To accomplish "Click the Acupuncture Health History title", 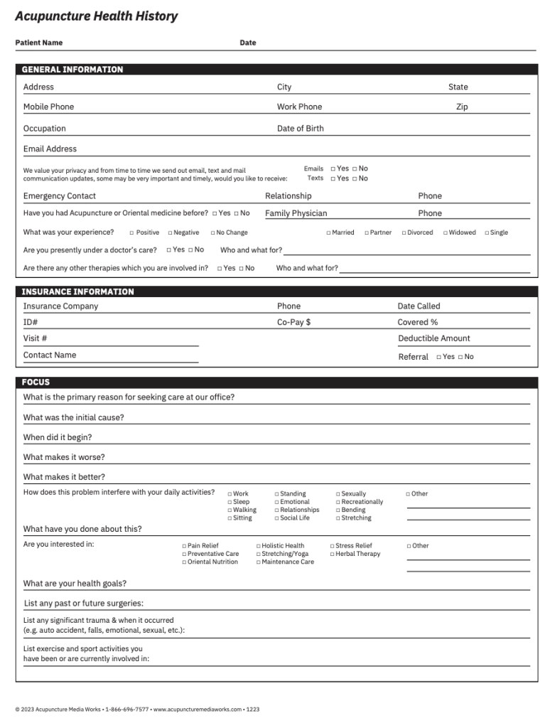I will [x=96, y=16].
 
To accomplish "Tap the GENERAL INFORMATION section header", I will [x=72, y=70].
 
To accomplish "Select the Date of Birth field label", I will [x=300, y=129].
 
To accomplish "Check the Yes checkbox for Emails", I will [x=333, y=169].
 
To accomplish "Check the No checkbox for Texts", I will [x=355, y=178].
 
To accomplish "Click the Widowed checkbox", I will [x=446, y=232].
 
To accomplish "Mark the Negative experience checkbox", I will [x=171, y=232].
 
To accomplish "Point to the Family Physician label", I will [x=296, y=213].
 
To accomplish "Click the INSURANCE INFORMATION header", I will [x=77, y=291].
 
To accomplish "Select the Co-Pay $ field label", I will [x=293, y=322].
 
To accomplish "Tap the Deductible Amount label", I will [x=433, y=338].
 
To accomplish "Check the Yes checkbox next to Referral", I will [x=439, y=357].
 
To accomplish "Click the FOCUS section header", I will [x=36, y=382].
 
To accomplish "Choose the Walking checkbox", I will [x=230, y=510].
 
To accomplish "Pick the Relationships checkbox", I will [x=277, y=510].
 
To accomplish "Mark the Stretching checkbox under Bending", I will [x=338, y=518].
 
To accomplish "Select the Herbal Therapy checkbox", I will [x=332, y=554].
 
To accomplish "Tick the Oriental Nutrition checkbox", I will [x=184, y=562].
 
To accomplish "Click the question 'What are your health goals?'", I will [x=75, y=584].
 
